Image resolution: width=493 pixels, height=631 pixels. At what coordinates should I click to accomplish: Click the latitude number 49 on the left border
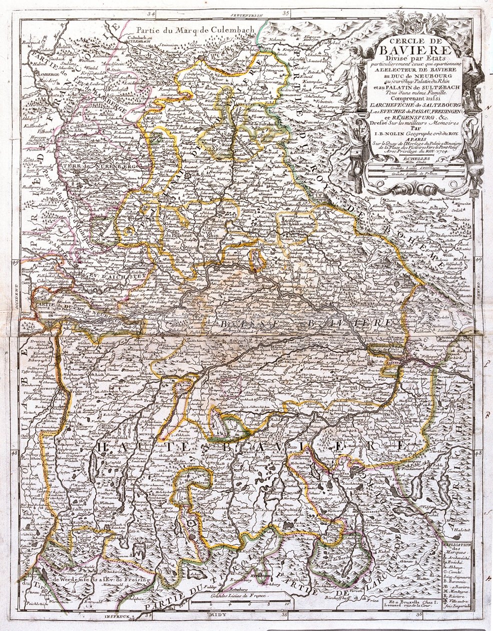(x=15, y=262)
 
